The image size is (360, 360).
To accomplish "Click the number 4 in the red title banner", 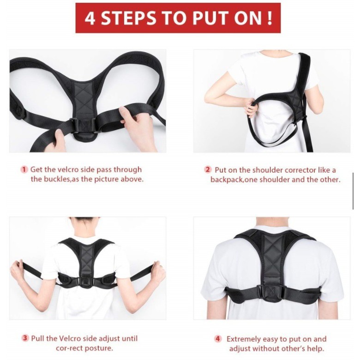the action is click(x=90, y=18).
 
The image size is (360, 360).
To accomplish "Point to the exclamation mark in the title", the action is click(x=270, y=18).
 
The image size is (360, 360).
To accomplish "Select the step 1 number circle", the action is click(x=24, y=170).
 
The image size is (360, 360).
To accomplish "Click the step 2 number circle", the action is click(x=208, y=170).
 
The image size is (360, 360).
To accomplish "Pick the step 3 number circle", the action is click(x=25, y=338).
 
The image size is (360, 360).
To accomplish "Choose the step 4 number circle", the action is click(x=218, y=339).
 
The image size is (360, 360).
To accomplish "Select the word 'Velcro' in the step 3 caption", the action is click(x=70, y=338).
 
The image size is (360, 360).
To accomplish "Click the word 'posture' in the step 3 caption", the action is click(x=101, y=348).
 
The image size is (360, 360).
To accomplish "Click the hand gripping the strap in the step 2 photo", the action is click(x=252, y=108).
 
